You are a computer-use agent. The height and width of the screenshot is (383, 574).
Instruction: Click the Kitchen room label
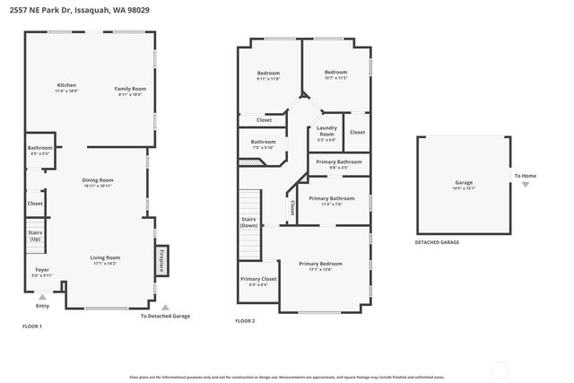point(66,88)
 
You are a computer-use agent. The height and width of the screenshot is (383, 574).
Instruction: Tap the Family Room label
point(130,90)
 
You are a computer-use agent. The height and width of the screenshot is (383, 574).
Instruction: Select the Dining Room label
point(98,182)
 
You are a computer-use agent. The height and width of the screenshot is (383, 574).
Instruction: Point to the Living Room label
point(105,260)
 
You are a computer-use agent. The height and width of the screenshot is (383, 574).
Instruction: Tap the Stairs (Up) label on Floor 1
point(35,236)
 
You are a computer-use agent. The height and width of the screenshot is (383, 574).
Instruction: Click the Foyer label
point(42,272)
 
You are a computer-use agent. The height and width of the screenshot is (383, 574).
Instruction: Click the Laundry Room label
point(326,134)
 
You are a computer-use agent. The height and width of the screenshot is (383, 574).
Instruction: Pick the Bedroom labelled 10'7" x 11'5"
point(335,74)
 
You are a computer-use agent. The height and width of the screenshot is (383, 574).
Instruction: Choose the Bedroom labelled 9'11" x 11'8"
point(268,75)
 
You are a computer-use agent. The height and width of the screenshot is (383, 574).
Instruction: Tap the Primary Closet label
point(258,282)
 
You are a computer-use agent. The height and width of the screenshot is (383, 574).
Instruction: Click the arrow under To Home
point(526,184)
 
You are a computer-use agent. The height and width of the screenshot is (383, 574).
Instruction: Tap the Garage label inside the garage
point(464,185)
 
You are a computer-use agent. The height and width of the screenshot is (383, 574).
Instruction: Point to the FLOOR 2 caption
point(245,320)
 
